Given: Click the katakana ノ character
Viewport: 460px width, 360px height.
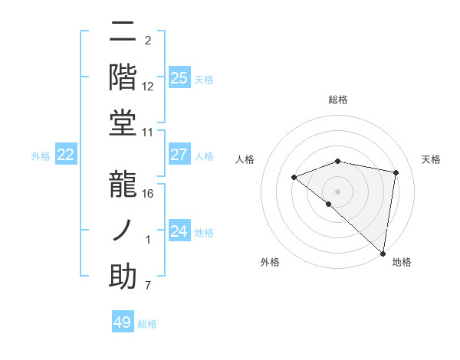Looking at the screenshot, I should click(123, 230).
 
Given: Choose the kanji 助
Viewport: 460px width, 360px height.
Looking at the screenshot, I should click(123, 276).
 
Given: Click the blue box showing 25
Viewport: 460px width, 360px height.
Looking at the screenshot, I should click(179, 77).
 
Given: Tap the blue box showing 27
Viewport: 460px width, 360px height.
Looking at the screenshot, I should click(179, 155).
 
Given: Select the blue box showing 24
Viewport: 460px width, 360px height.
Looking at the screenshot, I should click(179, 231).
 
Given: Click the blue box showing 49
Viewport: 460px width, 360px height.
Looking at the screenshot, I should click(123, 322).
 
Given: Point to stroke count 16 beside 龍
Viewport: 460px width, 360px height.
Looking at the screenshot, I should click(148, 193).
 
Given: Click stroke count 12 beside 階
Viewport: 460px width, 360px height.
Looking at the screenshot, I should click(148, 86).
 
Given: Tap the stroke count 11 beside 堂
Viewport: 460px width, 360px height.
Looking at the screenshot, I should click(148, 132).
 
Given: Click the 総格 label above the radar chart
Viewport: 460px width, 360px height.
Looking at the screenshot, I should click(338, 100).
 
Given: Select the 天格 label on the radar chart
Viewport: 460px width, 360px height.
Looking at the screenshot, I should click(432, 159).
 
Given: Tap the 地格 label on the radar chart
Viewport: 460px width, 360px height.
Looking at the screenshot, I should click(402, 262).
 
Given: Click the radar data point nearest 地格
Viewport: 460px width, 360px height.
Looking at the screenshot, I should click(383, 253).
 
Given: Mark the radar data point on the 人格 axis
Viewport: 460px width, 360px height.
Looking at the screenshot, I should click(294, 178).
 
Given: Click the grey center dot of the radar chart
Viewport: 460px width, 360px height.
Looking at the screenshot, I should click(337, 191).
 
